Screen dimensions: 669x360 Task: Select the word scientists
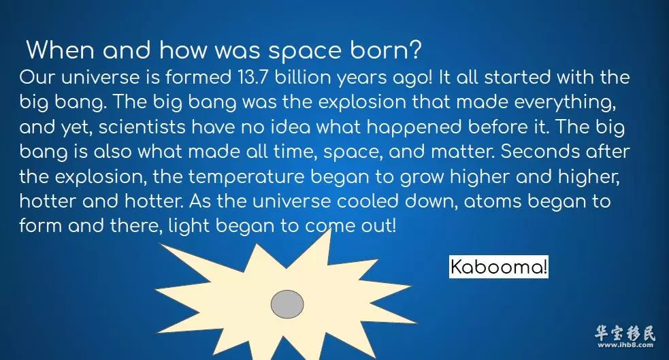[142, 127]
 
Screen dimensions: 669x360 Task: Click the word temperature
[246, 177]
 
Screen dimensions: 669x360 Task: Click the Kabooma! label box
[498, 267]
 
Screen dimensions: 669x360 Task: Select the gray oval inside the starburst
[287, 304]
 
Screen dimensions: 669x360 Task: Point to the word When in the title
[60, 50]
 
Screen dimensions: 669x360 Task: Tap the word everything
[565, 102]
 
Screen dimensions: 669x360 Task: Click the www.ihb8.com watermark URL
[625, 345]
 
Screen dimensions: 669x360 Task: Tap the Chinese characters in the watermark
[625, 333]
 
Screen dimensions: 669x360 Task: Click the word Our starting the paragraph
[37, 77]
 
